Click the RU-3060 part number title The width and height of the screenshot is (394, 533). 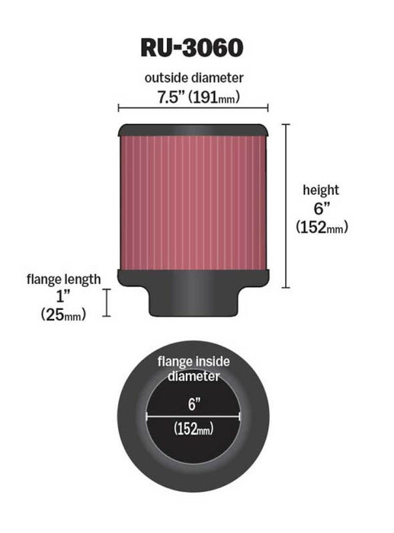click(x=192, y=46)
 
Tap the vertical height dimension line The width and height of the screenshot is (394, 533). click(x=287, y=206)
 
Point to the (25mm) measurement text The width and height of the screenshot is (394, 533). click(x=64, y=313)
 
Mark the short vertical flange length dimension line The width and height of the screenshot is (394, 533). click(x=107, y=302)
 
